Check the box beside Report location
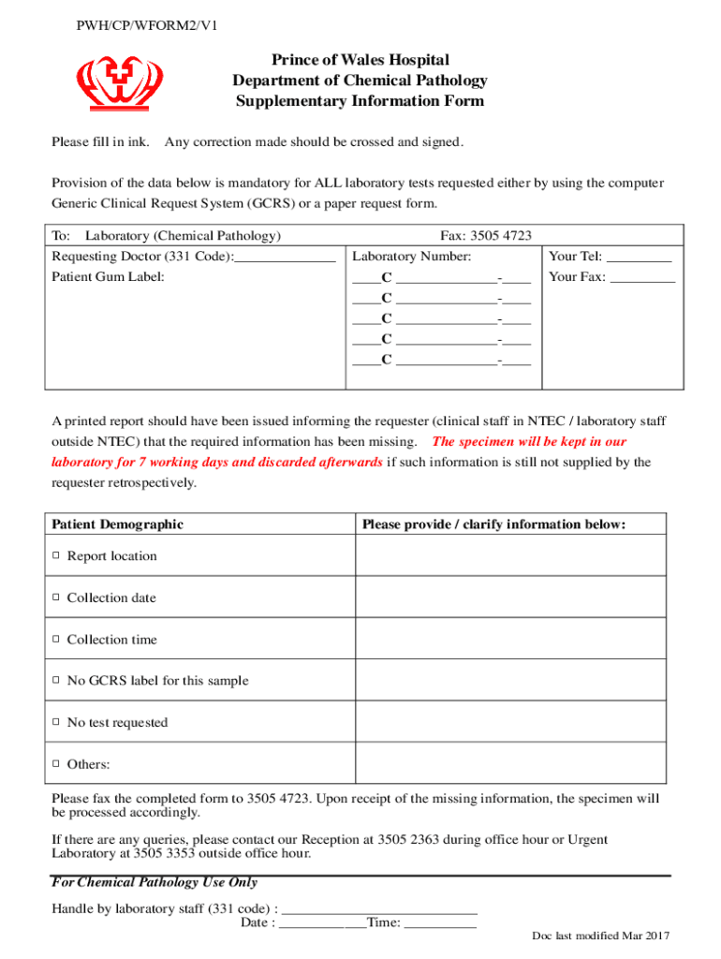pyautogui.click(x=56, y=556)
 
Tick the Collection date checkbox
pyautogui.click(x=56, y=598)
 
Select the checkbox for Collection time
pyautogui.click(x=56, y=640)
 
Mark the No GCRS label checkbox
pyautogui.click(x=56, y=681)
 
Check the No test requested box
pyautogui.click(x=56, y=723)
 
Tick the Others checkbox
pyautogui.click(x=56, y=764)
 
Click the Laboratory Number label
pyautogui.click(x=412, y=257)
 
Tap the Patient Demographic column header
pyautogui.click(x=118, y=524)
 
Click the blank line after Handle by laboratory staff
pyautogui.click(x=379, y=908)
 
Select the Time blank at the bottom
pyautogui.click(x=440, y=923)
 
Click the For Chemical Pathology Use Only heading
pyautogui.click(x=154, y=882)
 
